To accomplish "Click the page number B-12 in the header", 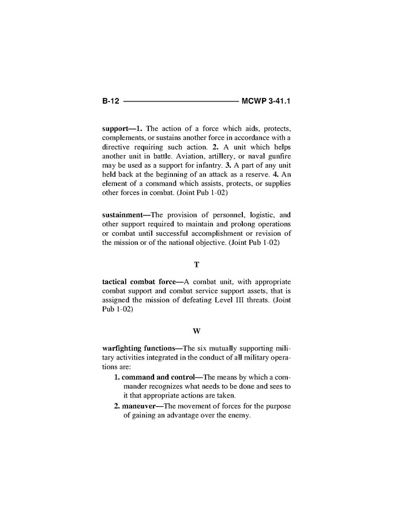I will (110, 101).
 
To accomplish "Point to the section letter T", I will (197, 264).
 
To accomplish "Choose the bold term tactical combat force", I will (138, 282).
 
